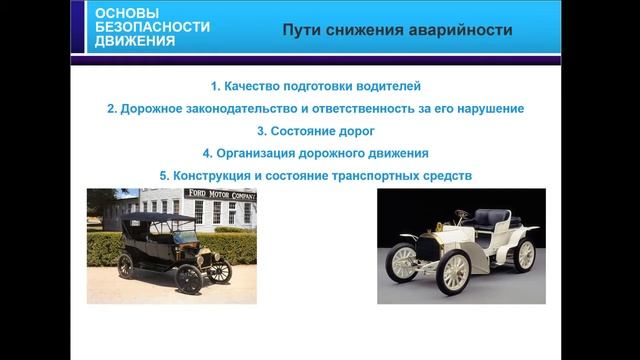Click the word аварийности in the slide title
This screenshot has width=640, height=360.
point(462,29)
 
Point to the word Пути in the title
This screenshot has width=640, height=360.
point(302,29)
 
